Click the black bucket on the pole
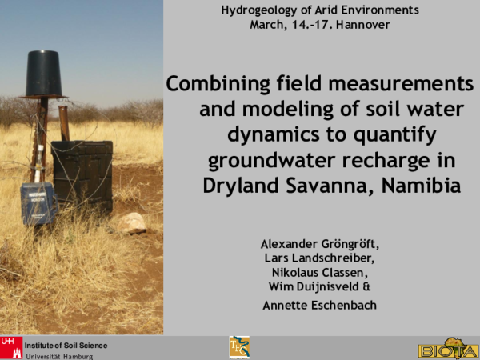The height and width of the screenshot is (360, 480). click(45, 74)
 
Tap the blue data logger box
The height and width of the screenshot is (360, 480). click(38, 203)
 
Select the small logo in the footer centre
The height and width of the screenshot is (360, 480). click(238, 346)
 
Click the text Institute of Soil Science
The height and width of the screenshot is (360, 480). click(66, 345)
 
